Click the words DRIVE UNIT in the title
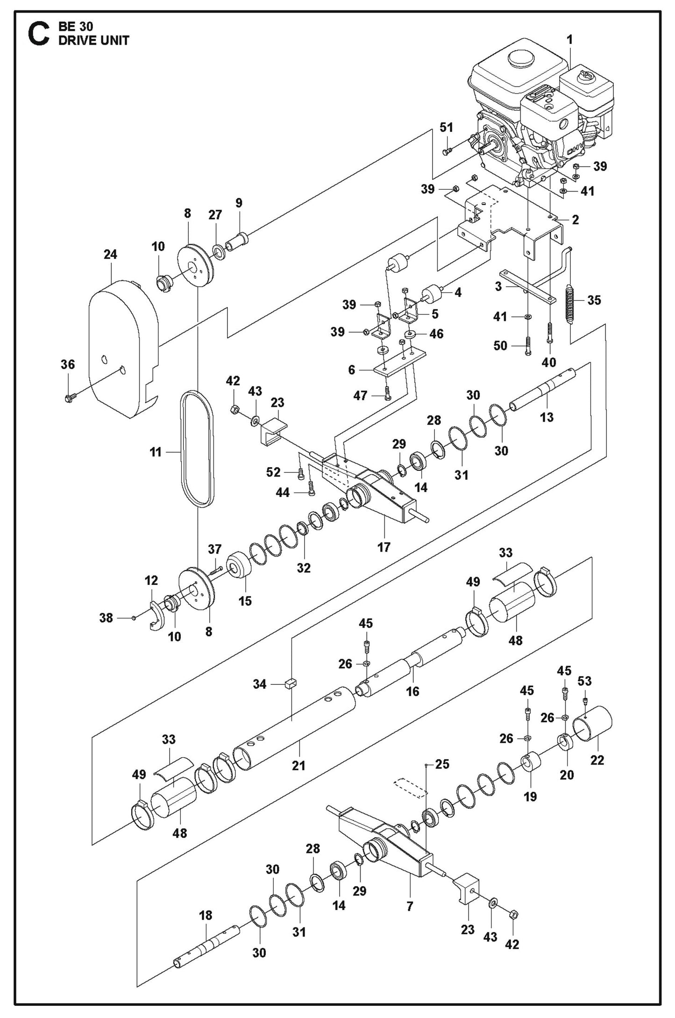[x=93, y=40]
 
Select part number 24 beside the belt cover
[x=111, y=255]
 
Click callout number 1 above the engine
[x=569, y=39]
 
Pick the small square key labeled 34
[x=290, y=684]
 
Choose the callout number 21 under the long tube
[x=298, y=765]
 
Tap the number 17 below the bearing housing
[x=384, y=547]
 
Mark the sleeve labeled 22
[x=593, y=731]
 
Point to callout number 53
[x=584, y=681]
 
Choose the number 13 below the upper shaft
[x=547, y=417]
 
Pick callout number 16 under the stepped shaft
[x=412, y=691]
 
